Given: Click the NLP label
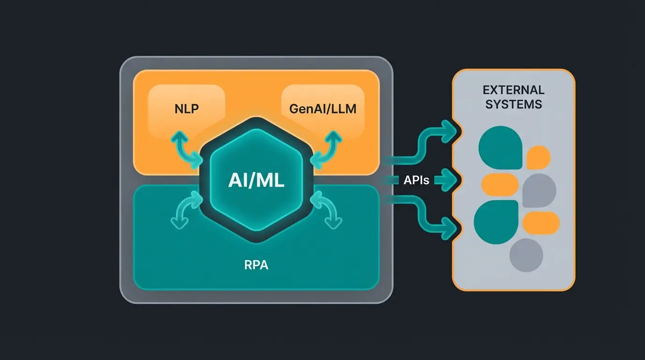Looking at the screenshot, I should pos(186,109).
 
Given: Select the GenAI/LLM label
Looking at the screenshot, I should pos(322,109).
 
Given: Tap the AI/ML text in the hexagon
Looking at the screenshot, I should pos(256,181).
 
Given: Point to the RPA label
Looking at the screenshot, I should pos(256,265).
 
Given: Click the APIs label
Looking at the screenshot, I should pos(416,180).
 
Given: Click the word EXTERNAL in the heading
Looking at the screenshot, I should pos(513,90).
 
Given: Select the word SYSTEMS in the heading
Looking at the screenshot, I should pos(513,104).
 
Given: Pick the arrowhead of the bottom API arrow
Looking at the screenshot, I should pos(451,228).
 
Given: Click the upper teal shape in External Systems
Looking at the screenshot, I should pos(500,147).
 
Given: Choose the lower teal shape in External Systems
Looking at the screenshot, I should pos(496,221).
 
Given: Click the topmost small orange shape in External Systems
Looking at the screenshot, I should pos(538,157).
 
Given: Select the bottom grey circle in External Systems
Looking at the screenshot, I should pos(526,255).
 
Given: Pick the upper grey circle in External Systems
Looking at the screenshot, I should pos(539,190).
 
